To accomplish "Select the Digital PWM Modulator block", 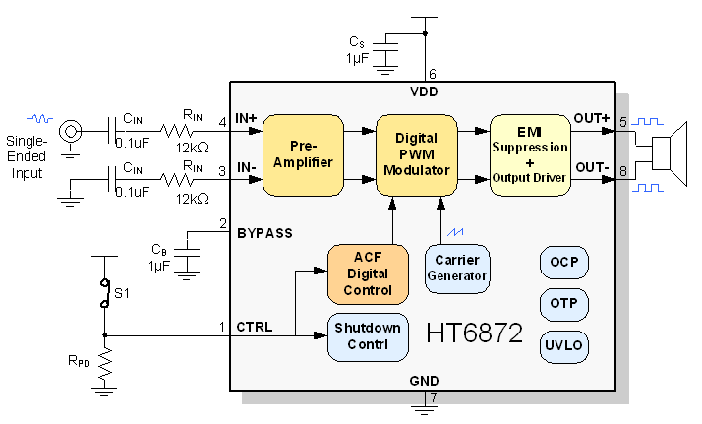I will (x=417, y=153).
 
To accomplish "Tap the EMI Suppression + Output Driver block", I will (x=530, y=153).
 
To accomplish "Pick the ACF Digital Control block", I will (x=368, y=273).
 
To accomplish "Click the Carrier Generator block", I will (x=457, y=268).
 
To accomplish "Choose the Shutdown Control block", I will (x=368, y=336).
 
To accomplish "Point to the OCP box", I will (x=563, y=263).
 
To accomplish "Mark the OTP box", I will (x=563, y=302).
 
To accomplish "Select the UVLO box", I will (x=563, y=345).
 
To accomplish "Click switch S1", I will (x=104, y=292).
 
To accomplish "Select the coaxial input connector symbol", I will (x=70, y=130).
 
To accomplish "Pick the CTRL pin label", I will (x=255, y=326).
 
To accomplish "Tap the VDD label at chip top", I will (x=425, y=91).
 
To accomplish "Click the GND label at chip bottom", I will (x=425, y=380).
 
